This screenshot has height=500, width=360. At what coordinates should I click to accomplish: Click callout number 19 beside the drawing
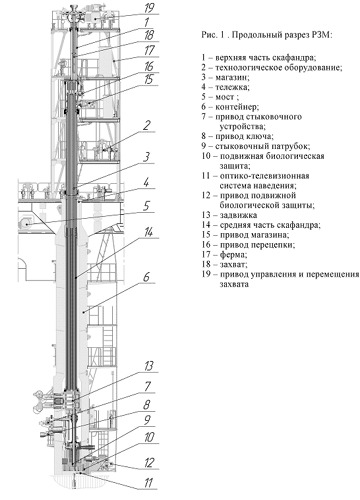click(x=149, y=8)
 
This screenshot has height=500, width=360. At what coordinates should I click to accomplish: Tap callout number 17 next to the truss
click(x=149, y=51)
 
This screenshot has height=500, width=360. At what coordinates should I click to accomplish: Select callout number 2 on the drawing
click(x=147, y=126)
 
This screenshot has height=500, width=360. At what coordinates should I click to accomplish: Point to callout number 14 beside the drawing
click(x=148, y=232)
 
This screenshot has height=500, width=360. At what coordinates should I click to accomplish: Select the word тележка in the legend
click(x=232, y=87)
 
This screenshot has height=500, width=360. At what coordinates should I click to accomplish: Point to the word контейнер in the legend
click(x=237, y=107)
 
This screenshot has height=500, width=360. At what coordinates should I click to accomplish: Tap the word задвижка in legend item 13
click(x=238, y=215)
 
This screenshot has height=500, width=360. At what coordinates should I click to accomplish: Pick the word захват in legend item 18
click(x=233, y=264)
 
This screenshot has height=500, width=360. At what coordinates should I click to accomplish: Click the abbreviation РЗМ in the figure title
click(x=323, y=35)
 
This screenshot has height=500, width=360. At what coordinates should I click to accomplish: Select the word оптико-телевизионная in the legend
click(x=265, y=176)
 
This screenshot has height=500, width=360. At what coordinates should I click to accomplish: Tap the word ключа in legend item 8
click(x=263, y=136)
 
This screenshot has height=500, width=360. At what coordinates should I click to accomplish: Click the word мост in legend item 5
click(x=225, y=97)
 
